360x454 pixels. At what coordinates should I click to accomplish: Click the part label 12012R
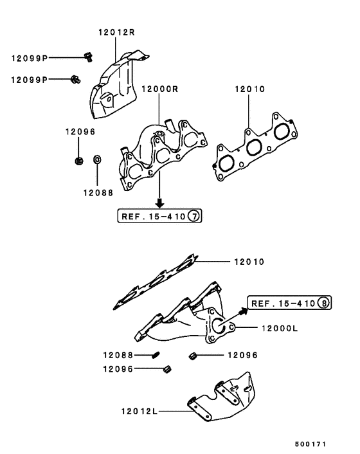(117, 31)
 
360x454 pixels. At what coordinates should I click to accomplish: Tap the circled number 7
(195, 217)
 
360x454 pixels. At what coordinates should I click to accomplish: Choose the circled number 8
(324, 303)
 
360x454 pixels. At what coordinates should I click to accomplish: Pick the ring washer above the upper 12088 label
(97, 159)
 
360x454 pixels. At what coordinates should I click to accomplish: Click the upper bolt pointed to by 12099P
(89, 57)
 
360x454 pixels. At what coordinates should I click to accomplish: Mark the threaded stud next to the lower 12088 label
(156, 354)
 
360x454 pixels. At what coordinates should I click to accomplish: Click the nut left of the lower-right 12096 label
(192, 355)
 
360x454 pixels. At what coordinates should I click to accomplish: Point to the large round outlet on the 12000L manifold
(218, 327)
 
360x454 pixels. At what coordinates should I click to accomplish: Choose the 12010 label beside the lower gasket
(249, 262)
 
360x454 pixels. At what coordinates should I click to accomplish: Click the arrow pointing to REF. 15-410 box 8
(242, 311)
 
